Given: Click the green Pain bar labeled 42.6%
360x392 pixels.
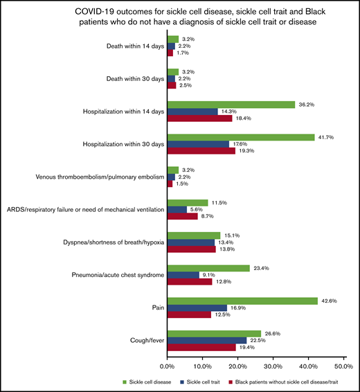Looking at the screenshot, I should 242,301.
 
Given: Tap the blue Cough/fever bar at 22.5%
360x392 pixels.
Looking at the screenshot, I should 206,341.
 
